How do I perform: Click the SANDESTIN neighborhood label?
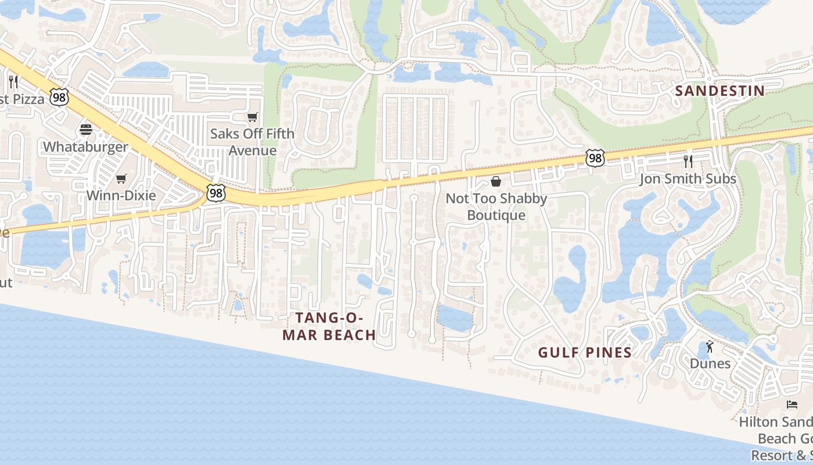tap(720, 91)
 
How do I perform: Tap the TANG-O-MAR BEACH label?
tap(329, 326)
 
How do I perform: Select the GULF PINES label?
tap(584, 352)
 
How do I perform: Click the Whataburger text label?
tap(85, 146)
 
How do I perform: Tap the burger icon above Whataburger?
tap(86, 130)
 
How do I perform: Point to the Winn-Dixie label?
tap(121, 195)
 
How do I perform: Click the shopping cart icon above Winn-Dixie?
tap(121, 178)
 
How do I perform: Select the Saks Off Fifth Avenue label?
tap(252, 142)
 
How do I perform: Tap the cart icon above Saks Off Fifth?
tap(252, 117)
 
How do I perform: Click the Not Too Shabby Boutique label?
tap(496, 206)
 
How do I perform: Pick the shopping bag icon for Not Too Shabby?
tap(496, 182)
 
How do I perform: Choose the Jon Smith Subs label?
tap(688, 178)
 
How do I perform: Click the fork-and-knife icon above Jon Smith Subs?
tap(688, 161)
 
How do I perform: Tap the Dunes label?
tap(710, 363)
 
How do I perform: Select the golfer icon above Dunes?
tap(710, 346)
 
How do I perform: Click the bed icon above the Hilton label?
tap(792, 404)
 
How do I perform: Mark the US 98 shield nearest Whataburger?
tap(59, 97)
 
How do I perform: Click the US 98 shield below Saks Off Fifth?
tap(215, 193)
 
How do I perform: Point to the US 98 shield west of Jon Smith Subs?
tap(595, 158)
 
